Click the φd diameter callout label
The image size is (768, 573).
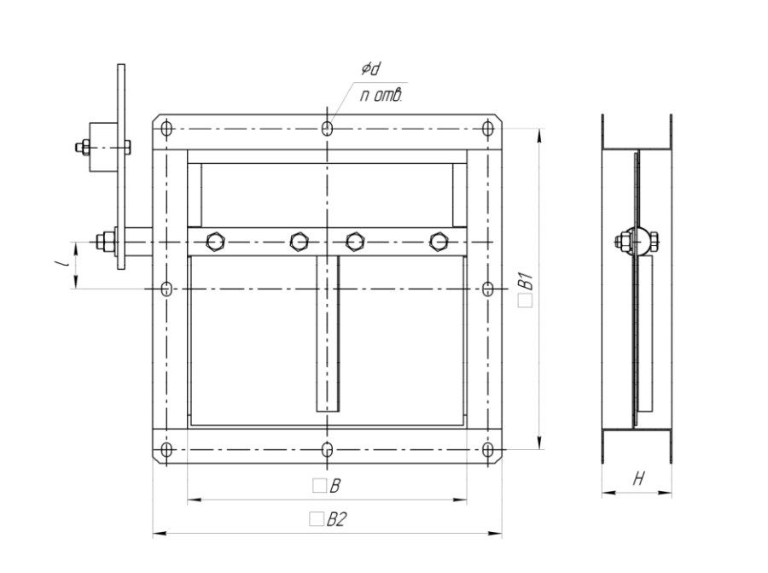pyautogui.click(x=371, y=70)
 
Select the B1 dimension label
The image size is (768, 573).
pyautogui.click(x=526, y=289)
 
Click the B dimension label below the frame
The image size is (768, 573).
pyautogui.click(x=327, y=486)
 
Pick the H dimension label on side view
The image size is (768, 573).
pyautogui.click(x=638, y=478)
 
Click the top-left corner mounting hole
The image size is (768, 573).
pyautogui.click(x=166, y=130)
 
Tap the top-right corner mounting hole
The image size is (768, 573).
pyautogui.click(x=487, y=129)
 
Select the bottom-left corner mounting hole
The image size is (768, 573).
pyautogui.click(x=166, y=449)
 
